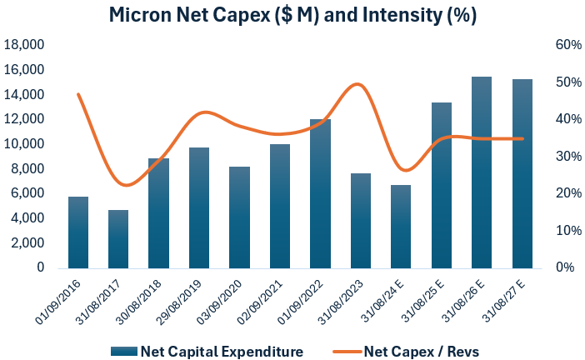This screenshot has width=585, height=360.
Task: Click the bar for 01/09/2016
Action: tap(77, 232)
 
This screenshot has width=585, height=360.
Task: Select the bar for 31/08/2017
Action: tap(118, 239)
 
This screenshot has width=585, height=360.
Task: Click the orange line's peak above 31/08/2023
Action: tap(357, 84)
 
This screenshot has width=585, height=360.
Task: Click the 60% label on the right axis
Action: tap(557, 45)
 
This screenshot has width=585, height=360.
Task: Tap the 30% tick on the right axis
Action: tap(557, 157)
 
